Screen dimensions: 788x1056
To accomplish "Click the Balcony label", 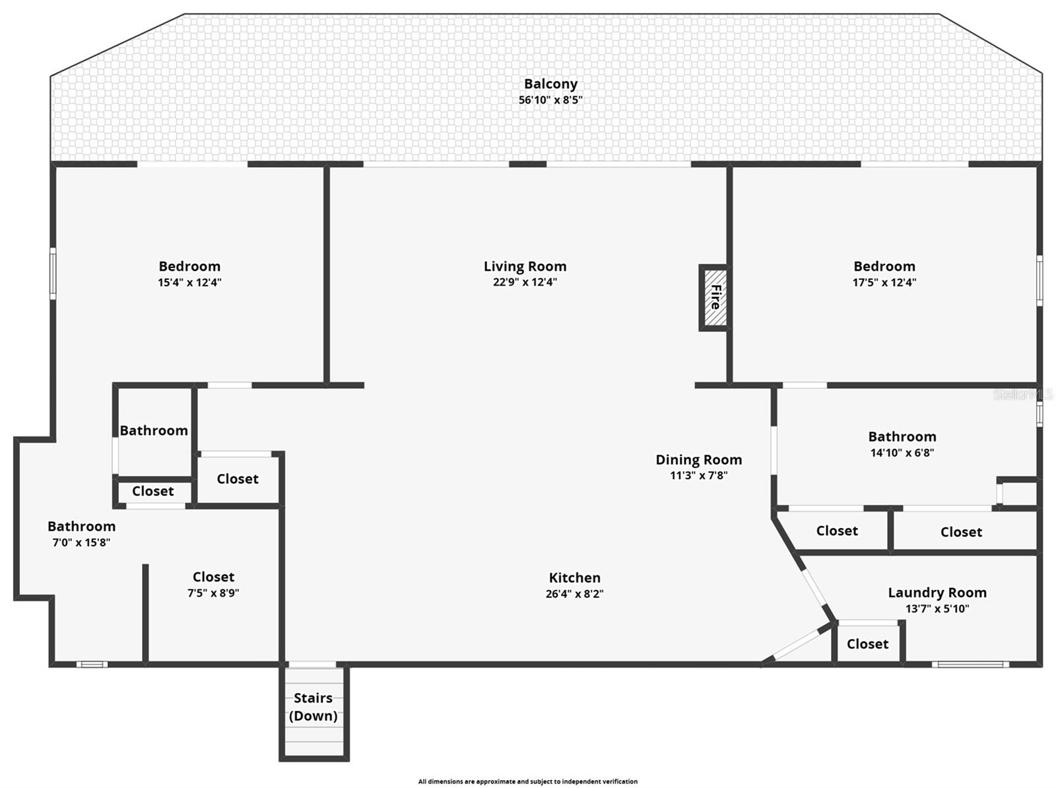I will point(550,84).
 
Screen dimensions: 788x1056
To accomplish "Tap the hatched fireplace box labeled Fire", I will point(714,297).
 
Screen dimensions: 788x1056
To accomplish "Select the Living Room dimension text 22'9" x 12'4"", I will point(525,282).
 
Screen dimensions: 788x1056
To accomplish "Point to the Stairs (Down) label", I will point(313,707).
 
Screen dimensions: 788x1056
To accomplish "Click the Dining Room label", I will point(698,459).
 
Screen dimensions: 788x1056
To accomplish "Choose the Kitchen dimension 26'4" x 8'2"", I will point(574,593).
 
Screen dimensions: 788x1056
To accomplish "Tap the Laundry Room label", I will point(937,593).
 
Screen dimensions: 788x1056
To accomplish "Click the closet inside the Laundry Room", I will point(867,643).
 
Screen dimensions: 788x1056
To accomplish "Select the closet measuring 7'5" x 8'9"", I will point(213,593).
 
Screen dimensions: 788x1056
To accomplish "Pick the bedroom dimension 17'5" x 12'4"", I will point(884,282).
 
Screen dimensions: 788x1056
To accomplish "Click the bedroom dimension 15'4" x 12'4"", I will point(189,282).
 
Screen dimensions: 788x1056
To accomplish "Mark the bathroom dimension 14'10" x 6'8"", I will point(902,453).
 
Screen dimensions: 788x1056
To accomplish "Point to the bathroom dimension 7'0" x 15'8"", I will point(81,542).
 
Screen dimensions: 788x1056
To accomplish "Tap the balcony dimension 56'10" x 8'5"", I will point(550,100).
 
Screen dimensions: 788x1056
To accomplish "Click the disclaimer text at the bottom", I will point(527,781).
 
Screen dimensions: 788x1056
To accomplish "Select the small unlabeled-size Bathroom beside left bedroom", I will point(154,430).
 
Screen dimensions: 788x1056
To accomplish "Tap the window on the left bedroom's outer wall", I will point(53,273).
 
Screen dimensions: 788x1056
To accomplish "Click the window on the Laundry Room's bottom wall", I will point(970,664).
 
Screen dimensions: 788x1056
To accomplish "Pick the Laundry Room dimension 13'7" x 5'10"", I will point(937,608).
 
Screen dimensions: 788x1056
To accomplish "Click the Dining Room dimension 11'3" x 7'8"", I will point(698,475).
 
